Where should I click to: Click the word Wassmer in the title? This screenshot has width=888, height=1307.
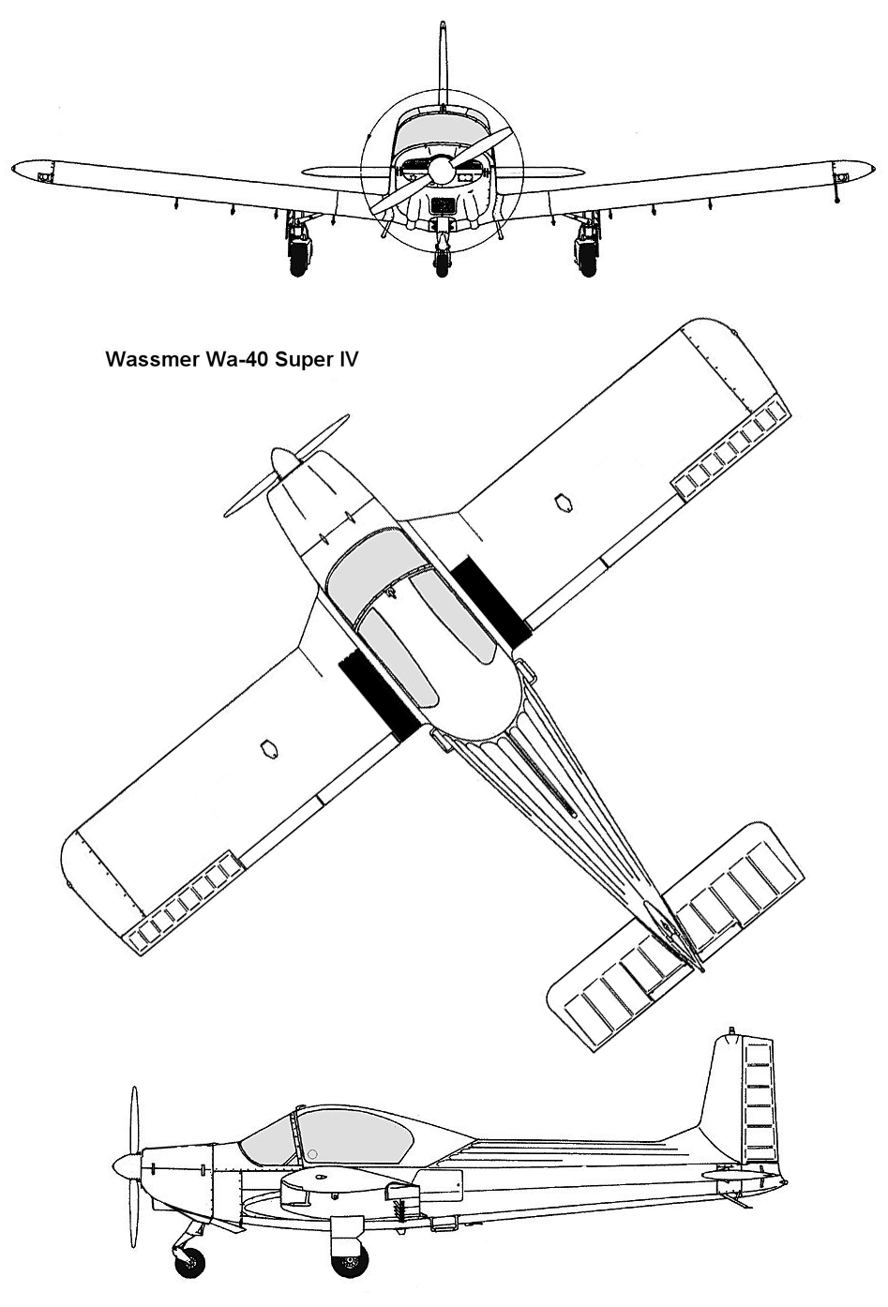pos(150,359)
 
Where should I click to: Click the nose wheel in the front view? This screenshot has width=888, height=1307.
pos(443,263)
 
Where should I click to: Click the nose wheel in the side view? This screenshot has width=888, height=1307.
pos(189,1260)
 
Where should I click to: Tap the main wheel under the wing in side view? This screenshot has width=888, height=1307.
pos(350,1258)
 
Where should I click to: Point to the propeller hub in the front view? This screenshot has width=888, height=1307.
pos(441,170)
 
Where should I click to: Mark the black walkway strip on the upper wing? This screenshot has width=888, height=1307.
pos(491,603)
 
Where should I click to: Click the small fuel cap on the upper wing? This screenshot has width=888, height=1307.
pos(563,503)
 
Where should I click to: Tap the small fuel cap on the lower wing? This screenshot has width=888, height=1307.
pos(269,748)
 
